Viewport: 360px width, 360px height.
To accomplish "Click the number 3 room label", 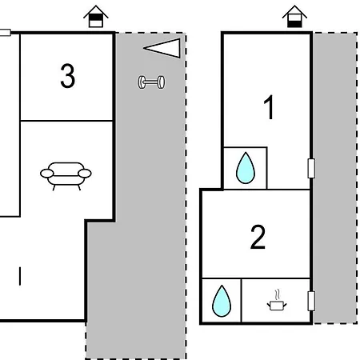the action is (x=67, y=76).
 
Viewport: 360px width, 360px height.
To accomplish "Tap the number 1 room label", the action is (x=269, y=107).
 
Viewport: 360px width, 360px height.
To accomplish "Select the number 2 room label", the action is (x=258, y=237).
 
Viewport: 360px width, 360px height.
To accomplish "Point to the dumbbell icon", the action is (x=151, y=82).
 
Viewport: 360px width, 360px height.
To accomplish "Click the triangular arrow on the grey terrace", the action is (x=162, y=48).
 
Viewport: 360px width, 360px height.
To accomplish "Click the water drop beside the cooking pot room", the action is (x=222, y=301).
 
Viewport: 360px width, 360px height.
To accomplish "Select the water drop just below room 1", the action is (x=246, y=168).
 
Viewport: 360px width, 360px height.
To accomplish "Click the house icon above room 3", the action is (x=96, y=16).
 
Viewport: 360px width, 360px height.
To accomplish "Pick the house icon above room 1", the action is (x=294, y=16).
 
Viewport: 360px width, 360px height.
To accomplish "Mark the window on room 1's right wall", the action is (x=311, y=168).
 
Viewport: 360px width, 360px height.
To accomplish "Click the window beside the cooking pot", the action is (x=311, y=301).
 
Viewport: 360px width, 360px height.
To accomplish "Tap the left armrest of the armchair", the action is (x=47, y=174).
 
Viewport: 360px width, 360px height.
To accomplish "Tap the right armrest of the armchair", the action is (x=85, y=174).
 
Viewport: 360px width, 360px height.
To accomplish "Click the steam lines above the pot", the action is (x=278, y=294).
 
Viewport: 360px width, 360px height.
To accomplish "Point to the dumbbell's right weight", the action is (x=161, y=82).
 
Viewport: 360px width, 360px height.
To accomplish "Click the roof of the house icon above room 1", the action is (x=294, y=11).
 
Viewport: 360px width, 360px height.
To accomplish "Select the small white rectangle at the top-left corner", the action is (x=5, y=33).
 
